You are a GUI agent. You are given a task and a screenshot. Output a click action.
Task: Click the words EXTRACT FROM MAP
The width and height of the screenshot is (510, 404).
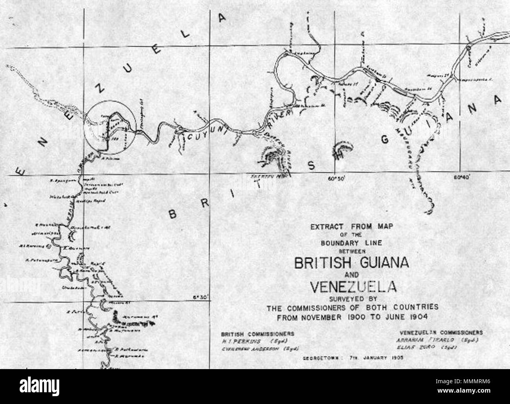352,226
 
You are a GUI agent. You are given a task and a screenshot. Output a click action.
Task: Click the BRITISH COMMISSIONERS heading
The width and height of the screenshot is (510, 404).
257,334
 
